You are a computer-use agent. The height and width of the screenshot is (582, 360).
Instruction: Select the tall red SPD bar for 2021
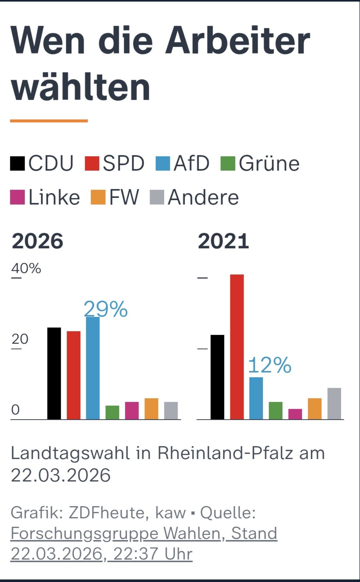point(237,347)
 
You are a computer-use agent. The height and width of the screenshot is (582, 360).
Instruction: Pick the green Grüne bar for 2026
point(112,412)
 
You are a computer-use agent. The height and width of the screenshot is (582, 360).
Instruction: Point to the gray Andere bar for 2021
point(334,403)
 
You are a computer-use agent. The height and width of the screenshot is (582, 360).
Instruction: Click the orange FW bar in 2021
point(315,409)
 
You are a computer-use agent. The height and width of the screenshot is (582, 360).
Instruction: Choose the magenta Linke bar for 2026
point(132,410)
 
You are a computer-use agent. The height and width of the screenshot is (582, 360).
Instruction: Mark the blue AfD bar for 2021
point(256,398)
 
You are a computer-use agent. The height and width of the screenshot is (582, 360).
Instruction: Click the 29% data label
point(106,309)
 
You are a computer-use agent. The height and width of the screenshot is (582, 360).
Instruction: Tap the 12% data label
point(270,365)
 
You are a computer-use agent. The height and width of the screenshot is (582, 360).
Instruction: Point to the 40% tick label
point(26,268)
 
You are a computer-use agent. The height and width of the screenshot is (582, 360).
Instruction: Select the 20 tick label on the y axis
point(20,339)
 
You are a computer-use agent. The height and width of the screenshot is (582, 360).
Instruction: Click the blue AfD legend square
point(163,164)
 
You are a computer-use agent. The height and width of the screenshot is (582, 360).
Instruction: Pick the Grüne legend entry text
point(269,164)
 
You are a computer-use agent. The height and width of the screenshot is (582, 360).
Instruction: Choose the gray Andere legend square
point(157,197)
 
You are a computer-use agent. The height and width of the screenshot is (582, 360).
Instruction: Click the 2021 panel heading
point(223,241)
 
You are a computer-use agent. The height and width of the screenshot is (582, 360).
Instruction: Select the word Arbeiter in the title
point(238,41)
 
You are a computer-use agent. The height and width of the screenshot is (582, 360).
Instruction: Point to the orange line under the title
point(49,120)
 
